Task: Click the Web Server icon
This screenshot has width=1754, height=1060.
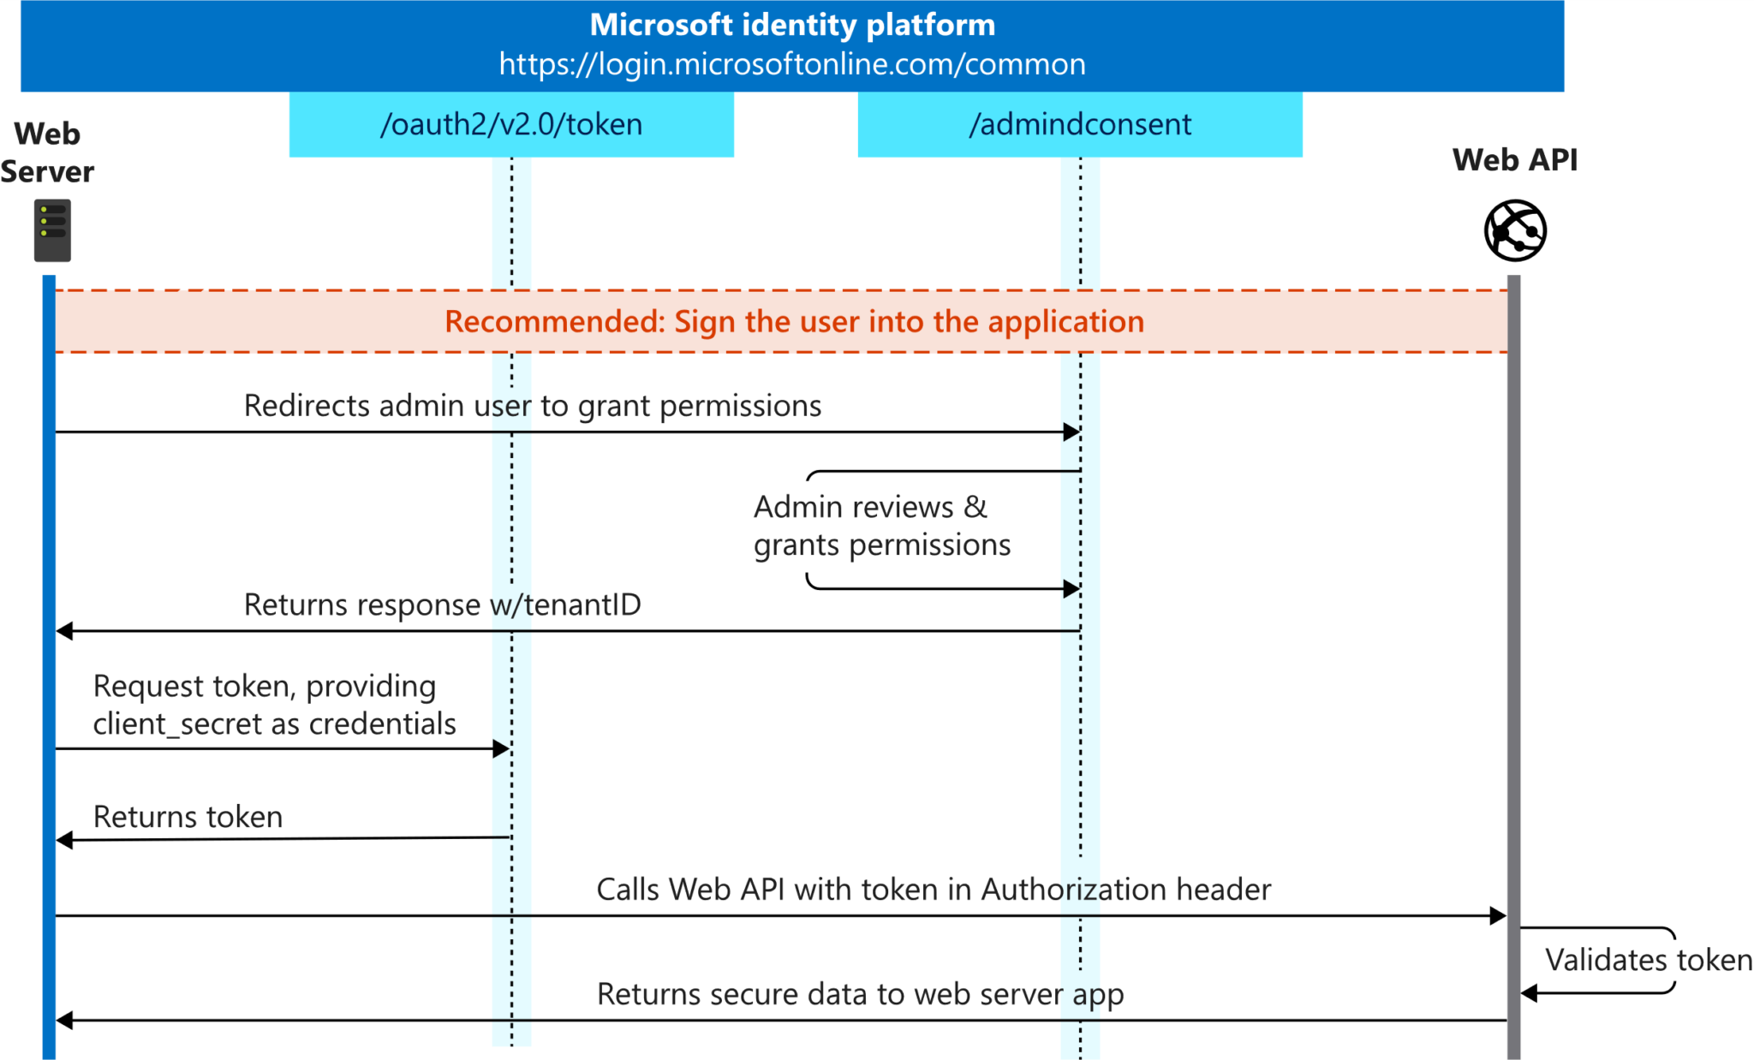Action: (52, 230)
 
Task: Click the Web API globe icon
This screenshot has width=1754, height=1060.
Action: (1514, 230)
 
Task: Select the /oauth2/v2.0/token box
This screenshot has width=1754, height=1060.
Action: (511, 125)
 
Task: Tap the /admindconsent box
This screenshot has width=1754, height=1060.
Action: (1079, 125)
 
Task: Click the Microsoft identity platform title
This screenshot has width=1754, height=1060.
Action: (792, 25)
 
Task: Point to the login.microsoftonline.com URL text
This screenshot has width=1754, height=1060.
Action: (792, 64)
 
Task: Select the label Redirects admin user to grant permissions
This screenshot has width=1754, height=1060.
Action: (532, 406)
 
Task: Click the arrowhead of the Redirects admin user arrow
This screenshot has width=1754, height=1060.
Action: (1071, 432)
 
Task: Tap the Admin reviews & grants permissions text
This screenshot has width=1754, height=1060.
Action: (881, 526)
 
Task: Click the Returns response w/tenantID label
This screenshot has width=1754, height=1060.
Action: (442, 604)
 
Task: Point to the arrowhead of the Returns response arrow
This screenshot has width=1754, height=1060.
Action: (65, 631)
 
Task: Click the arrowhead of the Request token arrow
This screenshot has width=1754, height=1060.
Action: (501, 749)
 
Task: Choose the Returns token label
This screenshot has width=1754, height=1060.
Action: (188, 817)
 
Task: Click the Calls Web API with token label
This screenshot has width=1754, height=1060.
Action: (933, 890)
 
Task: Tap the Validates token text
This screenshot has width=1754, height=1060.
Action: (1648, 960)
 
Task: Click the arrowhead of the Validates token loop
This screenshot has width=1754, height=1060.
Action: (1530, 993)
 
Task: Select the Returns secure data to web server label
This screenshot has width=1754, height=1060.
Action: (859, 994)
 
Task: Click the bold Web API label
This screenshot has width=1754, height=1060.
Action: (1514, 160)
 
